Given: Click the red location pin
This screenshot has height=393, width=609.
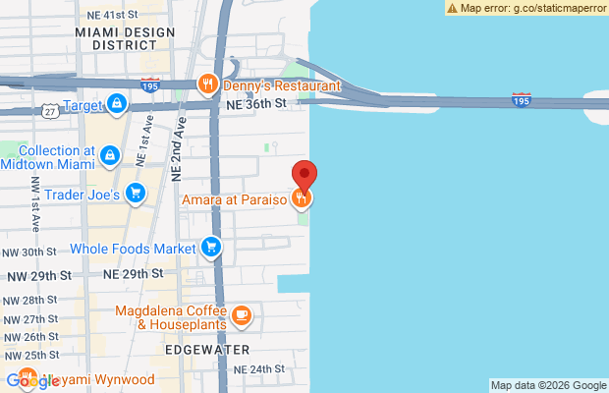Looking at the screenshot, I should pos(304,175).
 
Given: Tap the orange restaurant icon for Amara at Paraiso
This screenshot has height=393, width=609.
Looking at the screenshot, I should pos(303,199).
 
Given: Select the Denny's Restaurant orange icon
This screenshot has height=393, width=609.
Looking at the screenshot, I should pos(207,84).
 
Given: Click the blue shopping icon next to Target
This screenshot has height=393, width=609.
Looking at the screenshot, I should pos(116,103).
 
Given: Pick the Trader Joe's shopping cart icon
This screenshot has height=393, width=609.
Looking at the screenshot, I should pos(136,194).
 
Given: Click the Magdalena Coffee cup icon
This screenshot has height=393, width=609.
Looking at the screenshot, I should pos(242,315).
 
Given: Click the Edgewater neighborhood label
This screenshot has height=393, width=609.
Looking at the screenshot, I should pos(207,349).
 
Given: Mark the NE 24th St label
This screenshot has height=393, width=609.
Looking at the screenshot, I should pos(259,369).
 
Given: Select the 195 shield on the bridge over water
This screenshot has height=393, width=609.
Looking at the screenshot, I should pos(523,99).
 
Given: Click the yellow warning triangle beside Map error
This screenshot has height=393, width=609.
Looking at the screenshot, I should pos(452,7).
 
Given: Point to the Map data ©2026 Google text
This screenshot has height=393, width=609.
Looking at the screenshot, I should pos(548,385).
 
